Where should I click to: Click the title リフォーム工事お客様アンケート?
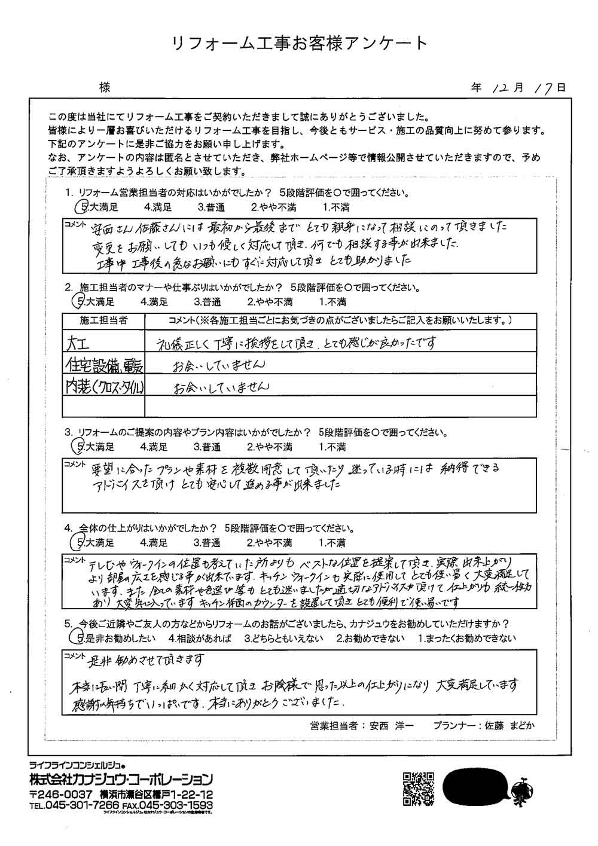pos(299,43)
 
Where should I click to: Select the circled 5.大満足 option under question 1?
pos(97,207)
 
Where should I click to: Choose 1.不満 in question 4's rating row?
pos(332,543)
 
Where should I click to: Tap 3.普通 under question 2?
pos(208,302)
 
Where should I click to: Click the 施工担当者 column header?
pos(103,320)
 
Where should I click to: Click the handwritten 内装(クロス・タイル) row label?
pos(104,386)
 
